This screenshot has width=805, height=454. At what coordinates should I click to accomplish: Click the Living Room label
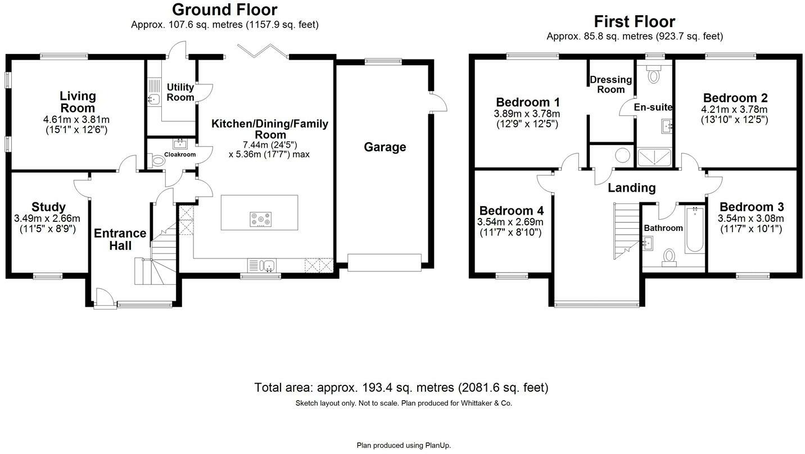[78, 102]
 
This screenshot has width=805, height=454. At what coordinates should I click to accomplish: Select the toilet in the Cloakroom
[160, 161]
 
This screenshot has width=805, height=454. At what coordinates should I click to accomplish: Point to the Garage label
[385, 147]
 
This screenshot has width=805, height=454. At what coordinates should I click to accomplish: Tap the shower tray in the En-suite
[654, 157]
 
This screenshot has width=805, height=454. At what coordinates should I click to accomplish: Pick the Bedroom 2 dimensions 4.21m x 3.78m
[734, 110]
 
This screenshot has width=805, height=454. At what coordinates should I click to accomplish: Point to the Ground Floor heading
[224, 10]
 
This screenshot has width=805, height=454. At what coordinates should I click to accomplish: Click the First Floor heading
[635, 21]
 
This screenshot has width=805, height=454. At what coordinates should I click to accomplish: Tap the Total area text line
[401, 387]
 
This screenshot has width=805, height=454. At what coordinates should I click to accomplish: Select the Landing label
[631, 188]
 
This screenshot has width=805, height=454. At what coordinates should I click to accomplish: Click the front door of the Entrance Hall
[105, 298]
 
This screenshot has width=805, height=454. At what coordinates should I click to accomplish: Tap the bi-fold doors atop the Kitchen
[263, 51]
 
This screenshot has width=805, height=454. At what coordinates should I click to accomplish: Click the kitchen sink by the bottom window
[268, 265]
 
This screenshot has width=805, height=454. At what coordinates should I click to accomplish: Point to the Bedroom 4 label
[510, 211]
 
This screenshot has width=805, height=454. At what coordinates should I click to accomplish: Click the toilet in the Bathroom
[669, 256]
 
